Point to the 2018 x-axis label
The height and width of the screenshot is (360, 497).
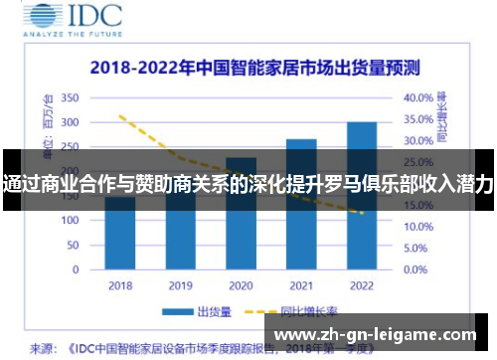coord(120,285)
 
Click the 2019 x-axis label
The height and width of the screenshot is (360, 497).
coord(180,285)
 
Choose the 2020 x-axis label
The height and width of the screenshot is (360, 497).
coord(241,285)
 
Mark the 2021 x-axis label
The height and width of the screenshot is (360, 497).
coord(301,285)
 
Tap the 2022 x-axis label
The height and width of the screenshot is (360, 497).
coord(361,285)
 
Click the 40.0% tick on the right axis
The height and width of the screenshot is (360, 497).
coord(418,98)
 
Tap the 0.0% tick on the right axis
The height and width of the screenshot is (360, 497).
coord(415,270)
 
